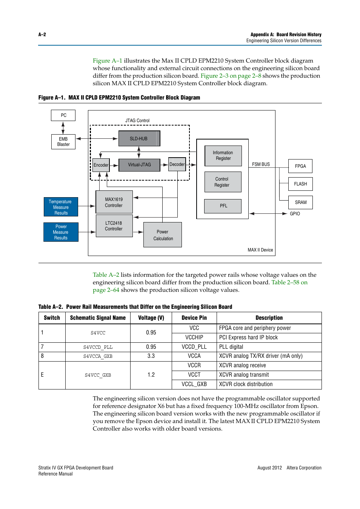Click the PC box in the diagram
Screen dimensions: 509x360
click(x=63, y=115)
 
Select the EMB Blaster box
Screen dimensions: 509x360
click(x=63, y=142)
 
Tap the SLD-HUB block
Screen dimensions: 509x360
click(x=139, y=138)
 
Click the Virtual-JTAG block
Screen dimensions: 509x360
click(x=139, y=165)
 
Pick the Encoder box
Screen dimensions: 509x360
click(x=101, y=165)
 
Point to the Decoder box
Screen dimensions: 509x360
click(x=177, y=164)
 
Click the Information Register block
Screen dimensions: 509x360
click(x=223, y=156)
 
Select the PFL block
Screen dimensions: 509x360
click(x=223, y=206)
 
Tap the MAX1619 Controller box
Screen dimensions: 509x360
click(x=114, y=202)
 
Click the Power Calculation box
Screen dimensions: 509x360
click(x=163, y=235)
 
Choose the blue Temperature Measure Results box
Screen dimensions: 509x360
click(x=61, y=207)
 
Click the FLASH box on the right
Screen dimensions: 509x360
click(x=300, y=184)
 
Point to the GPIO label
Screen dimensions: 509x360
click(x=295, y=214)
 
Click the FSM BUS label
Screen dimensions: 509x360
click(x=261, y=164)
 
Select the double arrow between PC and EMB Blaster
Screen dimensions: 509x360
click(x=63, y=128)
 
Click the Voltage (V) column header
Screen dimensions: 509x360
click(x=151, y=318)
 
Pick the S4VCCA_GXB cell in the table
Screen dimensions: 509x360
click(x=98, y=356)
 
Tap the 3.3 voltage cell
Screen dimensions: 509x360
click(x=151, y=356)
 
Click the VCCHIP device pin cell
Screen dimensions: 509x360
click(x=194, y=337)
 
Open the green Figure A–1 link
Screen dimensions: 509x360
click(x=108, y=61)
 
